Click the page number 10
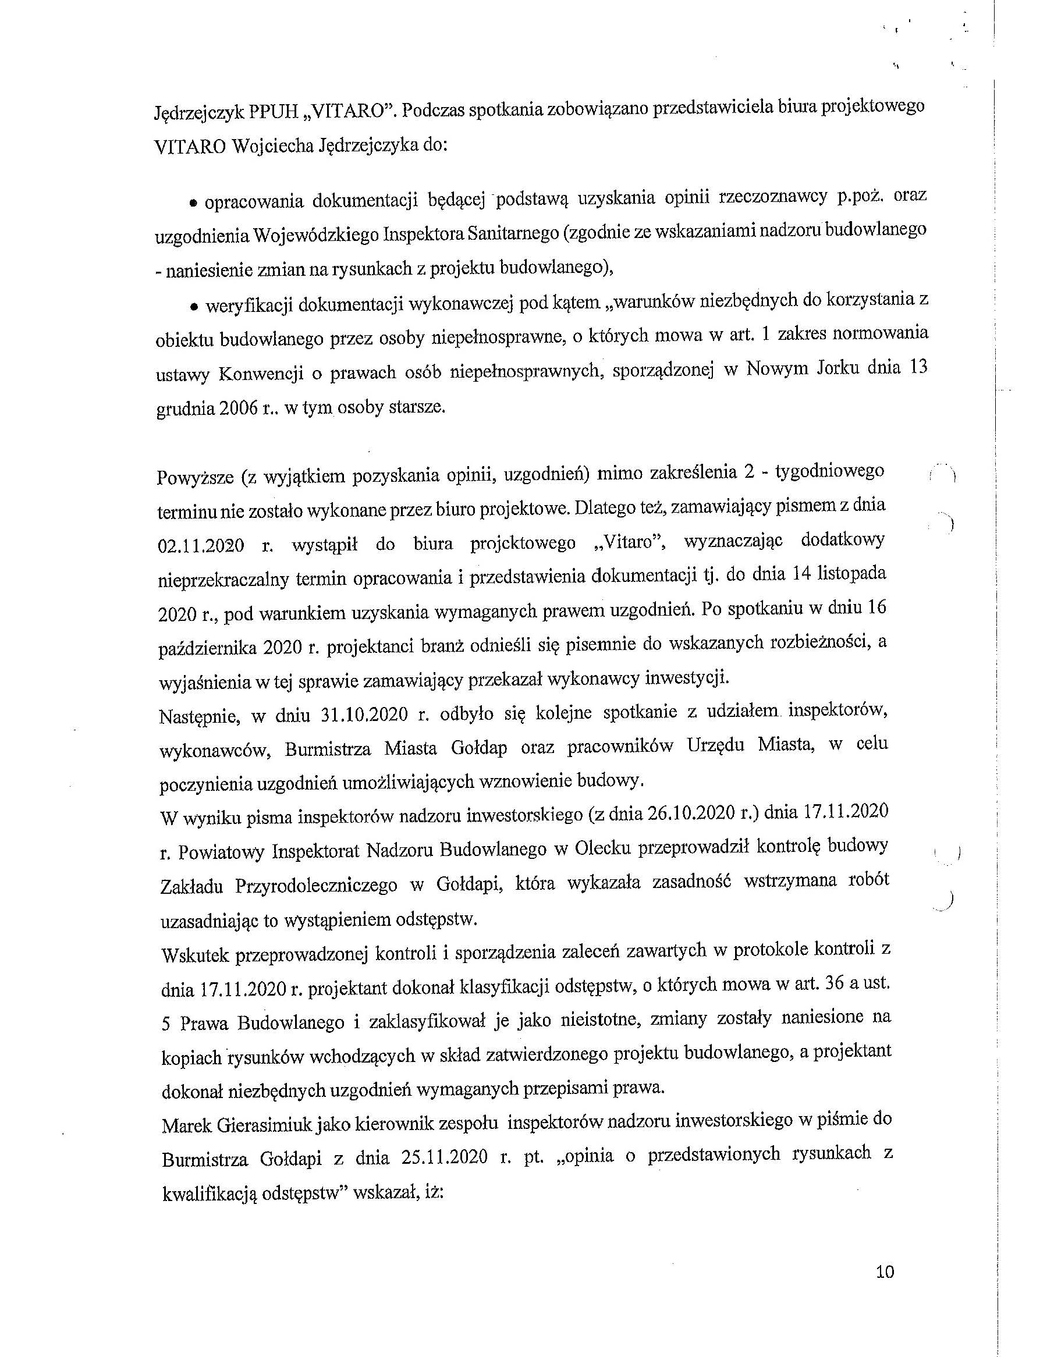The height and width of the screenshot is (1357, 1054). pyautogui.click(x=884, y=1272)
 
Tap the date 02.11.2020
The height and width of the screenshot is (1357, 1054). pyautogui.click(x=201, y=547)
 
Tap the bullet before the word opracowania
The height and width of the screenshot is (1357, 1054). pyautogui.click(x=194, y=203)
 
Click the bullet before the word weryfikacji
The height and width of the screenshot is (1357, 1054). pyautogui.click(x=194, y=306)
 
